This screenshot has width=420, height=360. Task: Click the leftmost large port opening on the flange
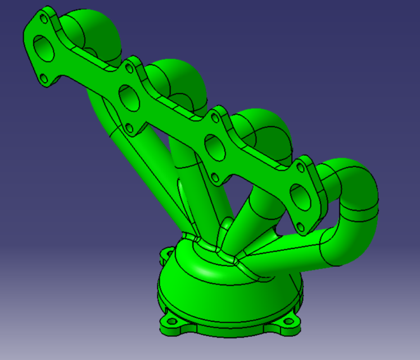click(x=44, y=48)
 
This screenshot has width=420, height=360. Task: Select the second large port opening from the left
click(x=130, y=97)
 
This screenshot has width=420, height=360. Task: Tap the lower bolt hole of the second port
click(x=130, y=128)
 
